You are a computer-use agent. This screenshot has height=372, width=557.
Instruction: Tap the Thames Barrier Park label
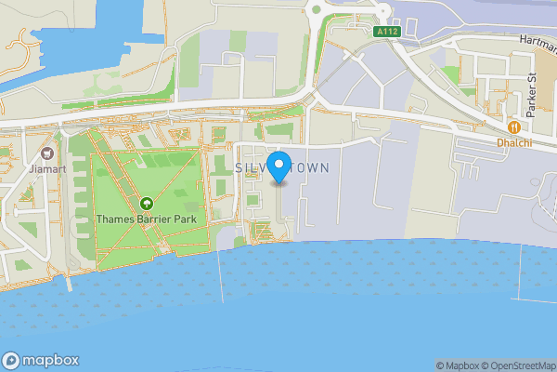[146, 220]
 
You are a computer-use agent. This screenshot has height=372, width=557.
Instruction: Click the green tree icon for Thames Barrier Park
[146, 204]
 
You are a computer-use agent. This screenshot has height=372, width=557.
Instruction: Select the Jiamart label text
[46, 170]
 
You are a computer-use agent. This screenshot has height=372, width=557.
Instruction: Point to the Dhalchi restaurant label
[513, 142]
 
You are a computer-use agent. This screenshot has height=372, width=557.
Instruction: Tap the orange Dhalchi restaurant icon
[513, 126]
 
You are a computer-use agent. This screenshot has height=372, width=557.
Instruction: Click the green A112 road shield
[388, 31]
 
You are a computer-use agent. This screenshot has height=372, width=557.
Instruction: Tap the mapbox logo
[42, 361]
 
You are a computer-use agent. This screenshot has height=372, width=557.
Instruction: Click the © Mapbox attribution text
[457, 365]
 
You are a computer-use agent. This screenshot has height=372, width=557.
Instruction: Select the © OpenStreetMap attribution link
[516, 365]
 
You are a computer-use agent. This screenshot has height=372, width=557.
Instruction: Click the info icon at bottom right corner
[550, 365]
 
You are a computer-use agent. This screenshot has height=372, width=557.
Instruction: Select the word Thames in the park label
[116, 220]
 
